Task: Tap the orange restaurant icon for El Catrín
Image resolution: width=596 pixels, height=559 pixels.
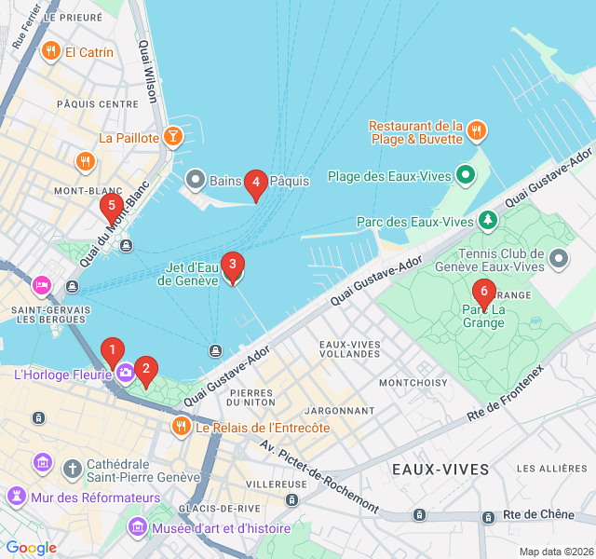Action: tap(50, 52)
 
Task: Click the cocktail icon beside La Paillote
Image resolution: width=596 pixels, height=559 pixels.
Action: tap(172, 138)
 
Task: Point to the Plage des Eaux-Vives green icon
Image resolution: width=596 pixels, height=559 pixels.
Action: tap(466, 175)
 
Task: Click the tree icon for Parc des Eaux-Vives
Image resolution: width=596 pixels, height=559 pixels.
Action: tap(487, 221)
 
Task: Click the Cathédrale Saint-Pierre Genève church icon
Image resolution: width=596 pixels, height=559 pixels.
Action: tap(73, 465)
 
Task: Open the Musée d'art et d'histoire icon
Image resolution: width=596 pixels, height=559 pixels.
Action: tap(138, 528)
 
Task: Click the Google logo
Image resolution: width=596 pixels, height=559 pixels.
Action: tap(31, 548)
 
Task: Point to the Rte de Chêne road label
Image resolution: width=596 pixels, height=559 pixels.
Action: tap(535, 514)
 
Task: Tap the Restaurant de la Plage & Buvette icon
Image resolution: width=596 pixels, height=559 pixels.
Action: tap(477, 131)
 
